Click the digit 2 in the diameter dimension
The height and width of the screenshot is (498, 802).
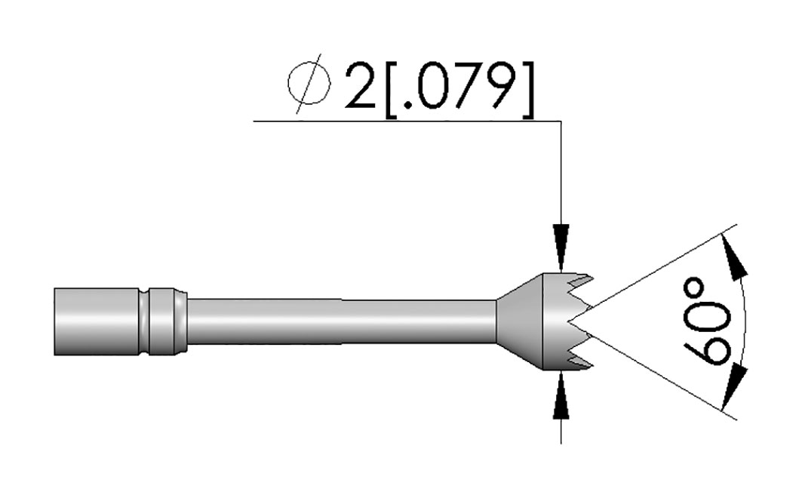click(361, 86)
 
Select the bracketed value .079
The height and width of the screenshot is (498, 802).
click(459, 90)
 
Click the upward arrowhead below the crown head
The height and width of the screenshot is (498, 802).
click(561, 396)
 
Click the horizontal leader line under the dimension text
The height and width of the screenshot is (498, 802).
click(407, 121)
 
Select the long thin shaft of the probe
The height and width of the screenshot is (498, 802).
click(342, 321)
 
